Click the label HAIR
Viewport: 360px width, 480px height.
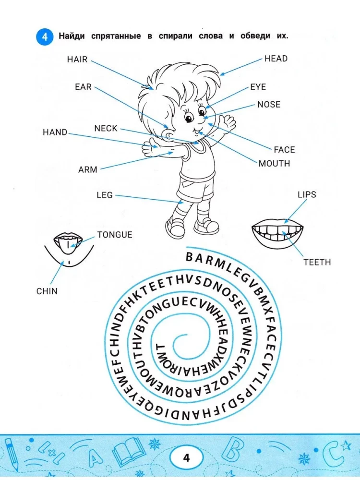click(x=77, y=59)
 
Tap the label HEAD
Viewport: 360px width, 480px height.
click(x=276, y=59)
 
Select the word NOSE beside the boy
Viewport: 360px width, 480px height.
click(x=269, y=104)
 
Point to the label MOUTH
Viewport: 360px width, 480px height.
click(x=274, y=163)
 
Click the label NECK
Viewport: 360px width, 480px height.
click(x=106, y=128)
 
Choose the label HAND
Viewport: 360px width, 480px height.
click(x=55, y=132)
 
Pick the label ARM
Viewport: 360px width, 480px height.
click(x=87, y=169)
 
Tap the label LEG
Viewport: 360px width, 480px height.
click(x=105, y=195)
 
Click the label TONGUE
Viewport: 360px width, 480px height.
click(x=114, y=235)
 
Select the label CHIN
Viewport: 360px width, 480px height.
click(x=47, y=291)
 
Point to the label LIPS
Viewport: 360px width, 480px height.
click(x=307, y=194)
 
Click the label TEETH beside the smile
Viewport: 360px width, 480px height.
click(x=317, y=262)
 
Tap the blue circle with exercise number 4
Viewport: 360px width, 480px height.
click(x=45, y=37)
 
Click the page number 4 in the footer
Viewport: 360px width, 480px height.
click(x=186, y=457)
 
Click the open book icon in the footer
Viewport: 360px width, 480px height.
click(x=128, y=453)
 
